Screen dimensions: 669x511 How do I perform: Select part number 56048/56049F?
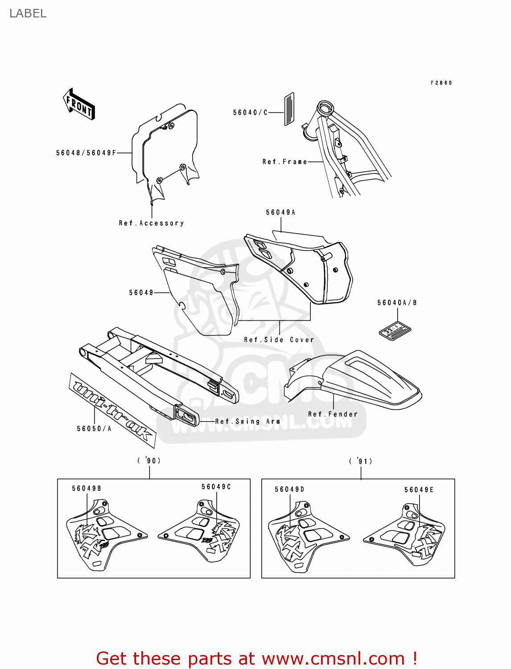pos(86,153)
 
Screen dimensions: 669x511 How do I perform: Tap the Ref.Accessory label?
pos(151,223)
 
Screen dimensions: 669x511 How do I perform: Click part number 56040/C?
pos(250,112)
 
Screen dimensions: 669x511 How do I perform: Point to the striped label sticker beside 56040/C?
pos(289,109)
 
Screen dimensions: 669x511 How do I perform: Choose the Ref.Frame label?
pos(284,162)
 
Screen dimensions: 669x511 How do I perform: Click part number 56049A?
pos(280,212)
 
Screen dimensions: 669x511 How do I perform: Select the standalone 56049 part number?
pos(141,293)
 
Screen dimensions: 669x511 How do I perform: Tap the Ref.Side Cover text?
pos(279,340)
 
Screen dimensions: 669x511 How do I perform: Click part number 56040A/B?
pos(397,303)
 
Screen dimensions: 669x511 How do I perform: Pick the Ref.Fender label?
pos(333,414)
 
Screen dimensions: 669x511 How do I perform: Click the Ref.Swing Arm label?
pos(248,421)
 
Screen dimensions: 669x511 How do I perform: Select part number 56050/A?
pos(94,429)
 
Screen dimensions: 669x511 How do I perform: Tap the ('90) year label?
pos(149,460)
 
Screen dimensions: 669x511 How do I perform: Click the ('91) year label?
pos(360,461)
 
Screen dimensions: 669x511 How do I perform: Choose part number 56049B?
pos(87,488)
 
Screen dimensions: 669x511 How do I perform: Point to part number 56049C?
pos(216,487)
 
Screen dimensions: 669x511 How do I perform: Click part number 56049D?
pos(289,489)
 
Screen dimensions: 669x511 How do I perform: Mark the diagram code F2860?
pos(441,83)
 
